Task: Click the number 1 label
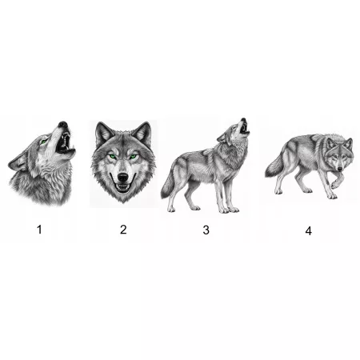point(39,230)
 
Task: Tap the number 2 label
point(123,230)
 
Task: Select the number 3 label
point(206,230)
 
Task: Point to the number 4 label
point(309,231)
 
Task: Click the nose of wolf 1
point(62,124)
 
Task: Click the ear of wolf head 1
point(18,163)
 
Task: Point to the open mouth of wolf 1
point(65,144)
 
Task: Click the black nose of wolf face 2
point(123,177)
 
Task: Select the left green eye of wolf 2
point(113,157)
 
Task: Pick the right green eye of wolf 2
point(134,157)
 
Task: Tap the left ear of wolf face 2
point(103,134)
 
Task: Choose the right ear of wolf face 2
point(143,134)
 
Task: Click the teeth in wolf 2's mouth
point(123,187)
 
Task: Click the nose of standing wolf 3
point(243,120)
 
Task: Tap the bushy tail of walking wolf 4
point(274,166)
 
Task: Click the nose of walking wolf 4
point(340,169)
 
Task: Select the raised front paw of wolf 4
point(334,185)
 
